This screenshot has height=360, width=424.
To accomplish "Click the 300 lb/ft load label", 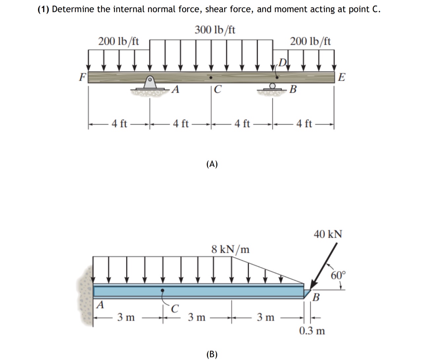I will pos(215,30).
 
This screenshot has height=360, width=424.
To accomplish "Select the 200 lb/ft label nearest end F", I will pos(119,42).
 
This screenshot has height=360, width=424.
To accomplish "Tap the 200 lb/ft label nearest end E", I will pos(310,42).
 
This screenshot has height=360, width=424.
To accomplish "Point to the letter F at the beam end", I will pos(82,77).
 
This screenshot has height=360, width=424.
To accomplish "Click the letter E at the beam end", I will pos(342,78).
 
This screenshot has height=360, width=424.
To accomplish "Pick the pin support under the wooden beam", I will pos(150,83).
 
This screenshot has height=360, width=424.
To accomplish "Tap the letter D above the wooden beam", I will pos(283,62).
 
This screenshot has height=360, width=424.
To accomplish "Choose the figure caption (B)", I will pos(212,354).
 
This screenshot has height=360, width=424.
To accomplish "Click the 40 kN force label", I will pos(328,234).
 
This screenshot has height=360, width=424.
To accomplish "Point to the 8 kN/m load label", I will pos(230,249).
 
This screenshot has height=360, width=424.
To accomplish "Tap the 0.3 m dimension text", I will pos(312,330).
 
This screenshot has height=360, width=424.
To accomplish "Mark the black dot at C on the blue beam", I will pos(162,291).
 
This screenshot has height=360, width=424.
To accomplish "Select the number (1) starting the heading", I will pos(43,9).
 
